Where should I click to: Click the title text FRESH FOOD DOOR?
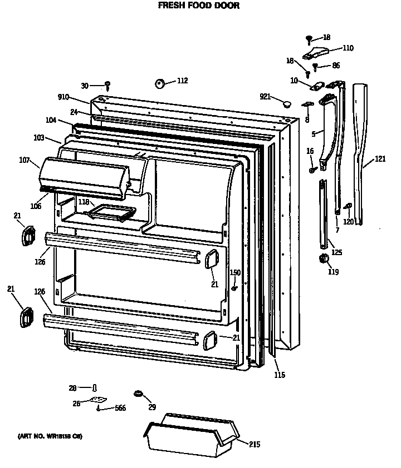(199, 6)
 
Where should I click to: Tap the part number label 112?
(182, 81)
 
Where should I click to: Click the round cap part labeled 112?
(160, 83)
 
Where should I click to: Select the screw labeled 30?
(107, 86)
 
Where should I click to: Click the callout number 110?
(348, 48)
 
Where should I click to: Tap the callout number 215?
(254, 444)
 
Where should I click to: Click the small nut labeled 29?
(137, 395)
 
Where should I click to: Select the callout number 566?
(120, 408)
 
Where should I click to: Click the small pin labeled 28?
(95, 387)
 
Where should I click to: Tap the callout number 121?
(379, 159)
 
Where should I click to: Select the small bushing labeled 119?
(321, 259)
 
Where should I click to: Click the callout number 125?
(336, 252)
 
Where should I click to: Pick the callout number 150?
(235, 272)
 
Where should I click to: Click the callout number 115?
(279, 375)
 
